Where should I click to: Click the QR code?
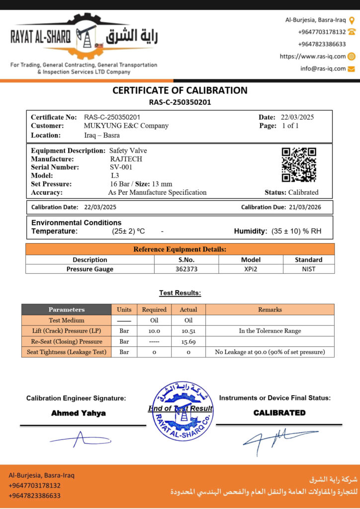(x=299, y=165)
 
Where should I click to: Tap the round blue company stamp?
(x=181, y=411)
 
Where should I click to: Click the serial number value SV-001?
(x=121, y=168)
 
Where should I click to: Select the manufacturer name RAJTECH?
(x=126, y=159)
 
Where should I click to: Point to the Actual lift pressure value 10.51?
(x=188, y=331)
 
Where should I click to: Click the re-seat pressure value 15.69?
(x=188, y=341)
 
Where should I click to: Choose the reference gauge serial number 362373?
(x=186, y=269)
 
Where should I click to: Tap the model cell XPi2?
(x=251, y=269)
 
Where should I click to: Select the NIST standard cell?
(x=308, y=269)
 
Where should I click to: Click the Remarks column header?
(x=270, y=310)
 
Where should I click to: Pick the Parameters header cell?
(x=67, y=310)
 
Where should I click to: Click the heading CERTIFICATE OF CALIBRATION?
(x=180, y=90)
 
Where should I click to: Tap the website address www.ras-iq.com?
(x=313, y=57)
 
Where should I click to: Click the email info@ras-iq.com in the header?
(x=323, y=69)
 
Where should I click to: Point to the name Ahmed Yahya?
(x=79, y=413)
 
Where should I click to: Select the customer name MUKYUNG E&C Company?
(x=126, y=126)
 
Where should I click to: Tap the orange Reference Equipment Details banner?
(x=180, y=249)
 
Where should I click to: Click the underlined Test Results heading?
(x=180, y=293)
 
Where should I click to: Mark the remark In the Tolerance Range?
(x=270, y=331)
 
